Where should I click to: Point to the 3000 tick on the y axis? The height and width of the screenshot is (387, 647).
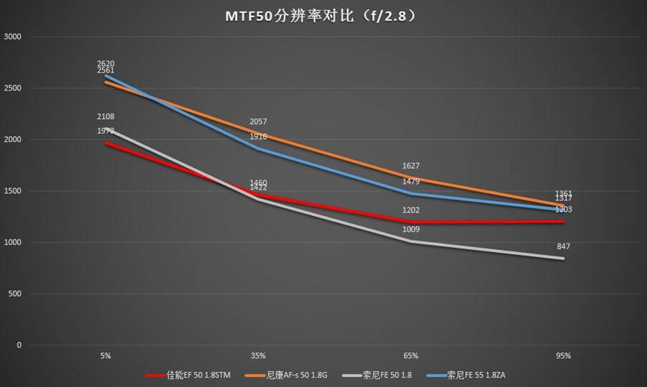[13, 37]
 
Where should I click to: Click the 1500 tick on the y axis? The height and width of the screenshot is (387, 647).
[13, 191]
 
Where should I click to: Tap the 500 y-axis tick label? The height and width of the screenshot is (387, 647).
[15, 294]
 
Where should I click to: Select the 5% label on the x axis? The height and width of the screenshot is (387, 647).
[106, 355]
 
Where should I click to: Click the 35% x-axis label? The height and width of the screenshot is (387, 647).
[258, 355]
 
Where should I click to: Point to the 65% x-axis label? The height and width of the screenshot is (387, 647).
[411, 355]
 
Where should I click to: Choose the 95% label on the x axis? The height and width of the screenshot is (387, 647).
[564, 355]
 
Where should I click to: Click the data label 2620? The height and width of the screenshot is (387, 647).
[106, 63]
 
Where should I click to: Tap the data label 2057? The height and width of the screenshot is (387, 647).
[258, 122]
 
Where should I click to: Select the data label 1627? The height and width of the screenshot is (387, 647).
[411, 166]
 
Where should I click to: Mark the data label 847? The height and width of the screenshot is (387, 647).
[564, 246]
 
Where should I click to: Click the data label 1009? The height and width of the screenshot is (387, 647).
[411, 230]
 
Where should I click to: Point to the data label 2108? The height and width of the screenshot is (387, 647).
[106, 116]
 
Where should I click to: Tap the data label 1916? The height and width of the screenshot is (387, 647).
[258, 136]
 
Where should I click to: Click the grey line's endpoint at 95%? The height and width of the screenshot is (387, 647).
[564, 258]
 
